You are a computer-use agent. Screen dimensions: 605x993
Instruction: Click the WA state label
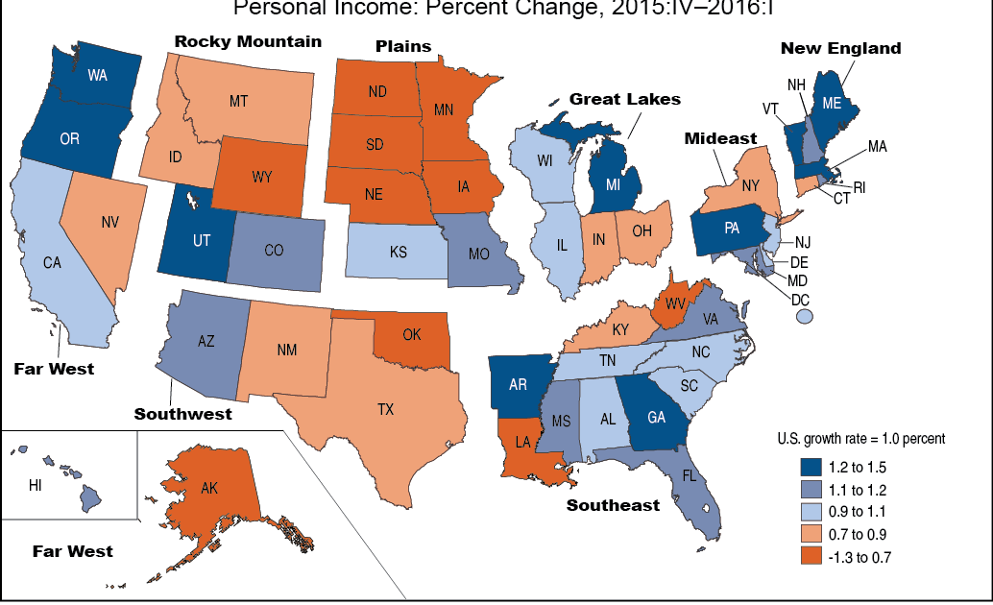pos(97,75)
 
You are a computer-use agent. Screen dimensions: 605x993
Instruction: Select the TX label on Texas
pos(385,409)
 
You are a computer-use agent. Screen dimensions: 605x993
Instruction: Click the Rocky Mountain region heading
pos(248,41)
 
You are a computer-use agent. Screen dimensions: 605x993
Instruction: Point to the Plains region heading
pos(402,46)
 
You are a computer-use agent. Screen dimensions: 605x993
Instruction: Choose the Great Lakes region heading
pos(624,99)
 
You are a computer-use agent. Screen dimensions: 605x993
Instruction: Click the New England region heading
pos(840,48)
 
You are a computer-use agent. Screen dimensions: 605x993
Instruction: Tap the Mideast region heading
pos(720,138)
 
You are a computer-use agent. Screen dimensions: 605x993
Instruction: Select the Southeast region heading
pos(613,505)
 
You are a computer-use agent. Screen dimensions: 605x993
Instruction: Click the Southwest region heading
pos(182,414)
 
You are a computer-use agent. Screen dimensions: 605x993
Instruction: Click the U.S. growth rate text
pos(860,438)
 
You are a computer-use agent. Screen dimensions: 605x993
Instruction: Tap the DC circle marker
pos(805,315)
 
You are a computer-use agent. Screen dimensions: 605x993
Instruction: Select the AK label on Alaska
pos(209,488)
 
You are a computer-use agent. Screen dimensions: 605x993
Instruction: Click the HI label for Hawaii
pos(35,486)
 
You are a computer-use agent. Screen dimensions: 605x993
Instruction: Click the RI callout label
pos(859,188)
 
